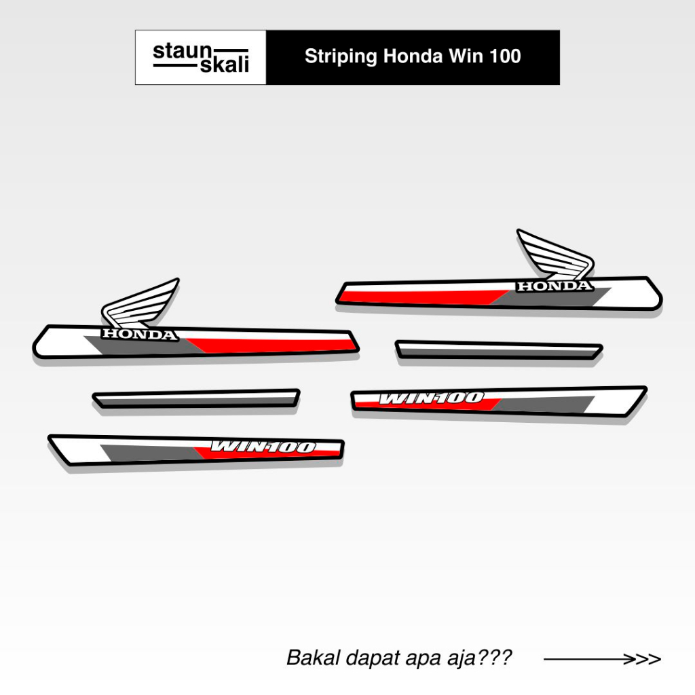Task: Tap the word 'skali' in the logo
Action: (225, 65)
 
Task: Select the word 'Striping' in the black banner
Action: (341, 56)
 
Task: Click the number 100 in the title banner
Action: (504, 56)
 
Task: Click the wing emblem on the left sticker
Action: (140, 305)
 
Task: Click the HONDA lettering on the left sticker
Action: (139, 335)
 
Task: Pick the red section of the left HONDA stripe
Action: (271, 344)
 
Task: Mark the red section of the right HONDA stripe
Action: (421, 295)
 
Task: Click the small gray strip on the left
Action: (195, 399)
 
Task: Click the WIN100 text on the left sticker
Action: (263, 447)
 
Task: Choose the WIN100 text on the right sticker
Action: (431, 398)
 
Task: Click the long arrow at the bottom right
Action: (601, 658)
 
